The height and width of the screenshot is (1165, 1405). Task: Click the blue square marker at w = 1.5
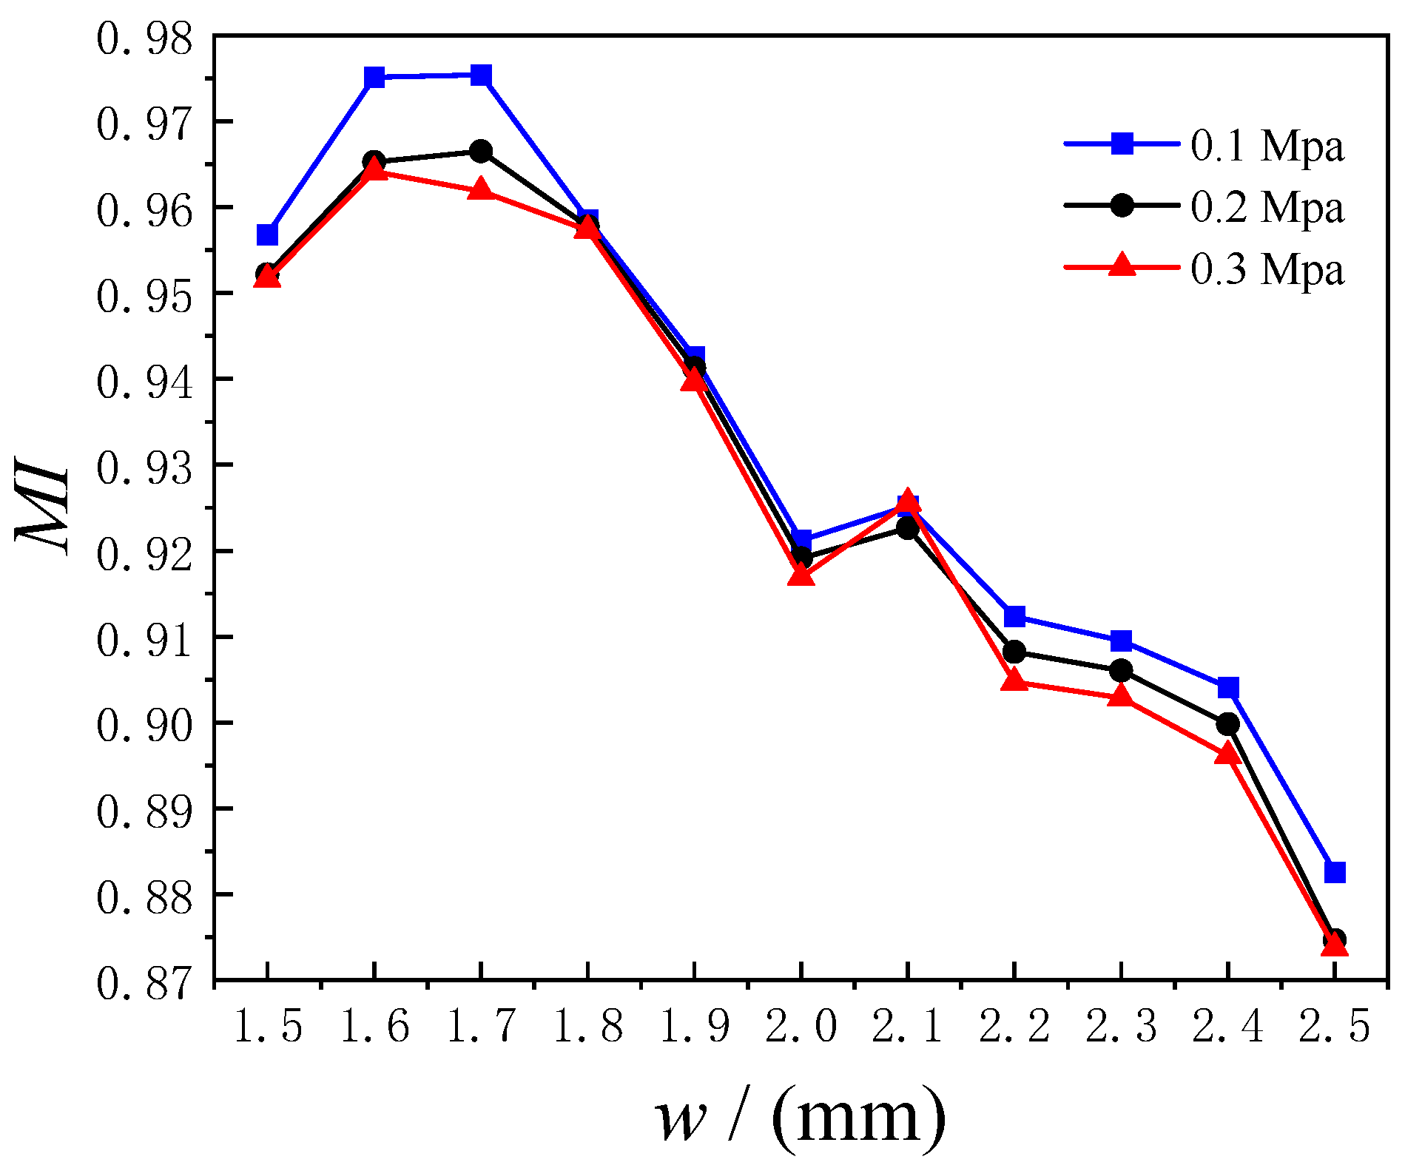(x=267, y=235)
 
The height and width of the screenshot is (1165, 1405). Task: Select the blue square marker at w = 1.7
(x=481, y=75)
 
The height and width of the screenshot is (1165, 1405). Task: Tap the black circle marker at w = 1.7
(x=481, y=152)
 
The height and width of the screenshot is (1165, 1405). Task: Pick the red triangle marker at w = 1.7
(x=481, y=189)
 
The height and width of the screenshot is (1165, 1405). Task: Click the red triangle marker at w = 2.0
(x=801, y=574)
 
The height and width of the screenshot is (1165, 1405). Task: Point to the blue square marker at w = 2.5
(x=1335, y=872)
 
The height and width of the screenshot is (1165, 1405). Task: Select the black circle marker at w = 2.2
(x=1014, y=652)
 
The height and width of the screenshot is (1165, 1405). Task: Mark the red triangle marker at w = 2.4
(x=1227, y=754)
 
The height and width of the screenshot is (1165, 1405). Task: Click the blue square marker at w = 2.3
(x=1121, y=641)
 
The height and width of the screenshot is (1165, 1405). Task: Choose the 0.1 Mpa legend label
(x=1267, y=146)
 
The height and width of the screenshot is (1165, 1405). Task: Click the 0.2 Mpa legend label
(x=1267, y=207)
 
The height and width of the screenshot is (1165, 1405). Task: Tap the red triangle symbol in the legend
(x=1122, y=265)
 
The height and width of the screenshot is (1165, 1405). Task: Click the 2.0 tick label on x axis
(x=801, y=1027)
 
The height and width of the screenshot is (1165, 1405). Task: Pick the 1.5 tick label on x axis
(x=267, y=1027)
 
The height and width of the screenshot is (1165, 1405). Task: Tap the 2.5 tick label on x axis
(x=1335, y=1027)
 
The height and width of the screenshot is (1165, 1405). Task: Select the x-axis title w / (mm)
(x=799, y=1118)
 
